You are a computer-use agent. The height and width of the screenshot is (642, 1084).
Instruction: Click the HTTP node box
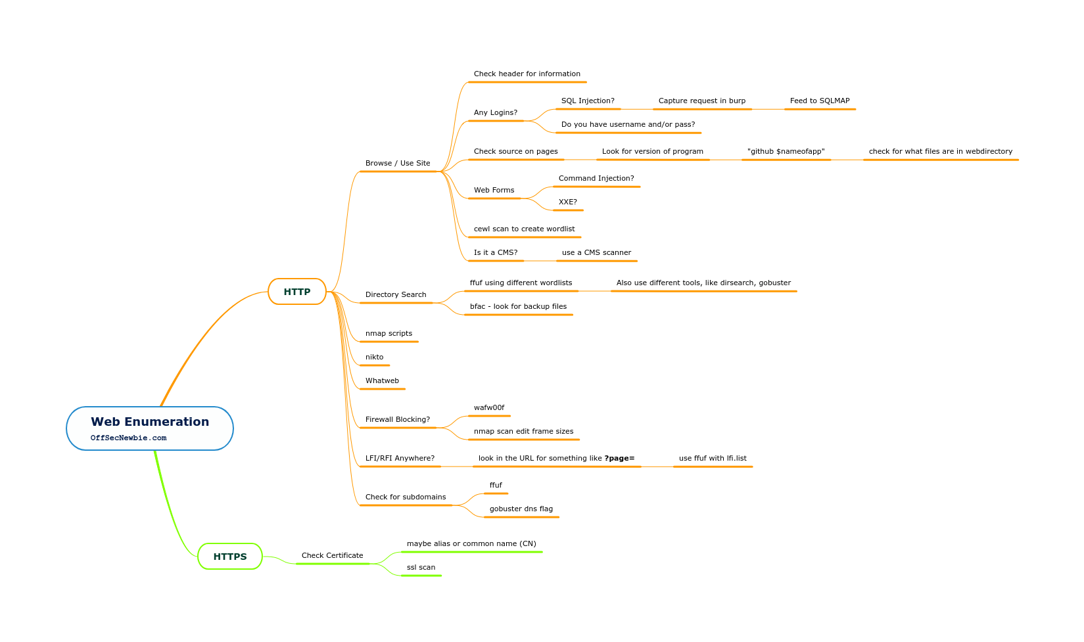click(x=297, y=292)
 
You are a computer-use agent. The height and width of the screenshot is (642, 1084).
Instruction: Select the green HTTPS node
click(x=230, y=557)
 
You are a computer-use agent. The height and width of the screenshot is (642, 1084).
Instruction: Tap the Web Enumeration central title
click(x=150, y=422)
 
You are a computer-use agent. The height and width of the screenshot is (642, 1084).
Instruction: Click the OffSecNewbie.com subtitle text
click(x=129, y=438)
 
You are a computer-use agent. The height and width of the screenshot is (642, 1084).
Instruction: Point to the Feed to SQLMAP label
click(x=820, y=101)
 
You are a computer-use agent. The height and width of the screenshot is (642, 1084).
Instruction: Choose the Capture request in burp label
click(x=702, y=101)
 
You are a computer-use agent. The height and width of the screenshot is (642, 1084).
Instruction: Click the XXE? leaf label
click(x=568, y=202)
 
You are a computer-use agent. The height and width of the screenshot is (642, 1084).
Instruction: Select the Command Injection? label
click(x=596, y=179)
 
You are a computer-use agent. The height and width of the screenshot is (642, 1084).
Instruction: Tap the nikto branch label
click(x=375, y=357)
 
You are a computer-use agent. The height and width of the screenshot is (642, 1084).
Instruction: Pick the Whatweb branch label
click(x=382, y=381)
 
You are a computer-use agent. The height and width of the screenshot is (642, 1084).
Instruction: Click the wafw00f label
click(x=489, y=408)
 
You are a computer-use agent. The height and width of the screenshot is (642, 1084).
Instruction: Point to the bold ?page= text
click(x=619, y=459)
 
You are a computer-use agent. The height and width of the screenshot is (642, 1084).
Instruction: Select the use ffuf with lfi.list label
click(x=713, y=459)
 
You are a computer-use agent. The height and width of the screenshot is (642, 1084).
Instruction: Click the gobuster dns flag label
click(x=521, y=509)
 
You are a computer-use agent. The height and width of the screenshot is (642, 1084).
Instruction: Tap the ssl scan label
click(x=421, y=568)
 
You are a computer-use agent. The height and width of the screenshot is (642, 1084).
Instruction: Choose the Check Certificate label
click(x=333, y=556)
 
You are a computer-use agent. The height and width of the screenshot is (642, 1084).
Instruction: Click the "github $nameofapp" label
click(x=786, y=152)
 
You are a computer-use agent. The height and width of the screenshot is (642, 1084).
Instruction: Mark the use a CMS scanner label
click(x=596, y=253)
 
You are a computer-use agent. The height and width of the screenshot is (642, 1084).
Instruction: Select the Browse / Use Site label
click(x=398, y=164)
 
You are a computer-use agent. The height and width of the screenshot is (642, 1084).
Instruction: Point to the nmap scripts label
click(x=389, y=334)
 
